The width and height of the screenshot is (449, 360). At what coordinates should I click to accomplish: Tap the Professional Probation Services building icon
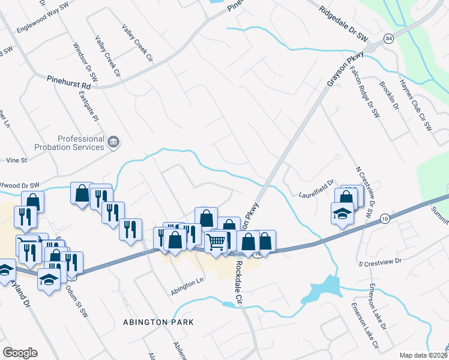pyautogui.click(x=114, y=142)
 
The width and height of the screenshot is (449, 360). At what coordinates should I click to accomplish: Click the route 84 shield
pyautogui.click(x=389, y=39)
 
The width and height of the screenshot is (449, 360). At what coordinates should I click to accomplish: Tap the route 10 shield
pyautogui.click(x=385, y=220)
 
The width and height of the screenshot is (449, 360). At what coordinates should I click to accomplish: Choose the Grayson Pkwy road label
pyautogui.click(x=339, y=71)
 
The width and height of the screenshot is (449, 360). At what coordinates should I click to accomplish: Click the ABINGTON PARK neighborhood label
pyautogui.click(x=158, y=322)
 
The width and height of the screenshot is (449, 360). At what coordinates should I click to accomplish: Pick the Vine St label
pyautogui.click(x=16, y=161)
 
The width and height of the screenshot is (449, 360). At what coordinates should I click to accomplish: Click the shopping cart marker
pyautogui.click(x=216, y=242)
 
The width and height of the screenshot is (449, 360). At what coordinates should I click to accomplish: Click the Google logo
pyautogui.click(x=20, y=352)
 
